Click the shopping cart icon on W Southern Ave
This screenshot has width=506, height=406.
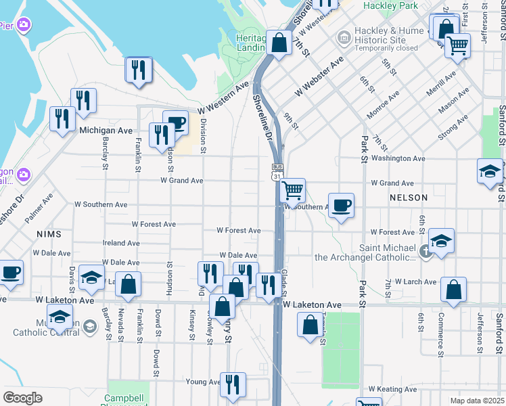292,190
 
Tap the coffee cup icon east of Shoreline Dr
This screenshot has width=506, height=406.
342,205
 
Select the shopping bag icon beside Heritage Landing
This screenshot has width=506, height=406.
279,43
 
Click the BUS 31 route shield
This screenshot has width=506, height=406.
276,172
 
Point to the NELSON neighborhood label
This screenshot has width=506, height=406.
409,198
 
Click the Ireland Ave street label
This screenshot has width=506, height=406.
121,243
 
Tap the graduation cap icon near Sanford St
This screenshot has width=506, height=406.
490,171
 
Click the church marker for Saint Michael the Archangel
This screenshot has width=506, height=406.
425,251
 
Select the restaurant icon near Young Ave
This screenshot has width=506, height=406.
233,384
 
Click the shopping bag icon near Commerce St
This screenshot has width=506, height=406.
453,289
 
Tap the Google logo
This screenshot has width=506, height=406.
22,398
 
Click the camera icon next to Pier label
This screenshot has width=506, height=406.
24,26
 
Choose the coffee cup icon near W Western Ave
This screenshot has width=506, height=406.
175,122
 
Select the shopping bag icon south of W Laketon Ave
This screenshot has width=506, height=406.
309,325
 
